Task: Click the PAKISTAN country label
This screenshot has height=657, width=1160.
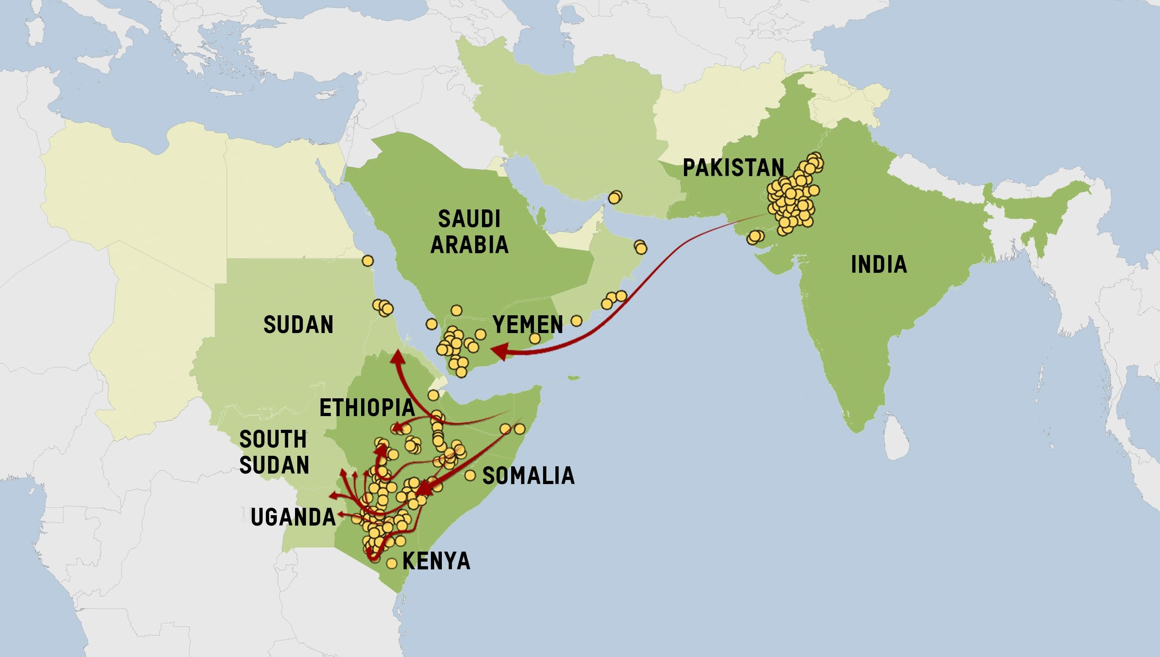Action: (733, 168)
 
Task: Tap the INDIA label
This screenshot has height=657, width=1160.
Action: (879, 265)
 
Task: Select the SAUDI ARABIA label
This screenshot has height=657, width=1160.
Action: (469, 232)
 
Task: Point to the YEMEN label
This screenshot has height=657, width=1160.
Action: (528, 325)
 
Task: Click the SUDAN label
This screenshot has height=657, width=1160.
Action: (298, 325)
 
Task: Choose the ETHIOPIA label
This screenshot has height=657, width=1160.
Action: (367, 408)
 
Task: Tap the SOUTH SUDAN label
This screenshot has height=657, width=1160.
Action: (274, 452)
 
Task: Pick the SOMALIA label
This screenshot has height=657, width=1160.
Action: (528, 476)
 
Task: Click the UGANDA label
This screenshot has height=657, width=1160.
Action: (293, 517)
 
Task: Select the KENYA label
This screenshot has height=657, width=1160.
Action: (436, 561)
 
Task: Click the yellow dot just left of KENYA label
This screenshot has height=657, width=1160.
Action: (392, 563)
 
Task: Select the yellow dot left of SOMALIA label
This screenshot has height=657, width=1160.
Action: (470, 475)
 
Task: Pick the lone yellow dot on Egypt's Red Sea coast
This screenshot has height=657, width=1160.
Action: (368, 261)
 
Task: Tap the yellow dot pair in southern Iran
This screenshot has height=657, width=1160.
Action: (615, 198)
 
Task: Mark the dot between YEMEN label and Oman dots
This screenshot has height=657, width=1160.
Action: (576, 321)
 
